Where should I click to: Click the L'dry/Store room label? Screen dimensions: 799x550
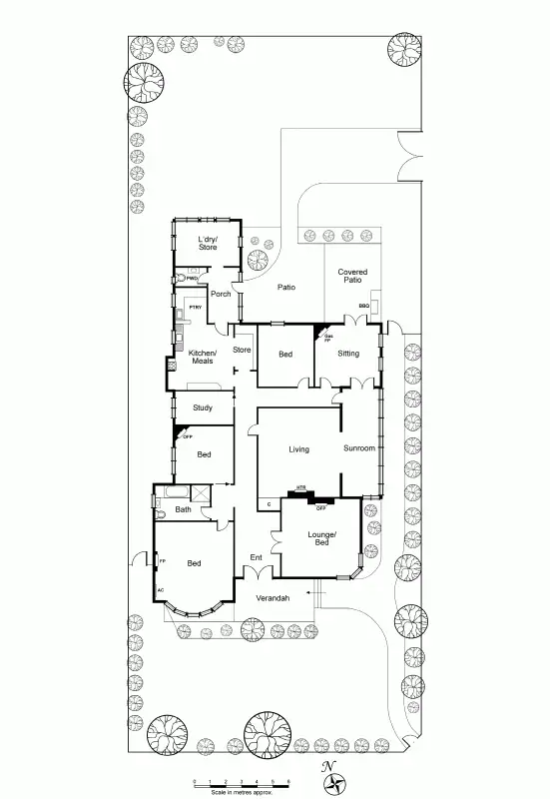pos(207,243)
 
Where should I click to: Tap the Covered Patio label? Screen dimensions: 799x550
pos(351,276)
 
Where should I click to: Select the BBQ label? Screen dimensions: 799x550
pos(364,306)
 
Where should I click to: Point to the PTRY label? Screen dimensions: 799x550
pos(196,307)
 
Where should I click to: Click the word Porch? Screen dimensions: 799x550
pos(221,294)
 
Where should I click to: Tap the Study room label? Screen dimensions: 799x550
pos(203,407)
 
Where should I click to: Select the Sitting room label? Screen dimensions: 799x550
pos(348,354)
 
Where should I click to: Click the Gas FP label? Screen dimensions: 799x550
pos(327,338)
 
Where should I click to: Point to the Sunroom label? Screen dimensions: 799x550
pos(359,448)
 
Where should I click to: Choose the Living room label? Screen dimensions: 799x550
pos(298,449)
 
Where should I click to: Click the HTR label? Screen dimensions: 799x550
pos(299,490)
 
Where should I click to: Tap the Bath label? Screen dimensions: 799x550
pos(184,510)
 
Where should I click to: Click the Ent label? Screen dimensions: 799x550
pos(256,557)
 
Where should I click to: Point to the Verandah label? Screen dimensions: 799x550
pos(273,597)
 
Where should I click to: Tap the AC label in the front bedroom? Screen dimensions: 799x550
pos(160,590)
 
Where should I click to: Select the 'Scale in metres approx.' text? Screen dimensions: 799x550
pos(242,792)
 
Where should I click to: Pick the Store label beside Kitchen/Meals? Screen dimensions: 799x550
pos(242,350)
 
